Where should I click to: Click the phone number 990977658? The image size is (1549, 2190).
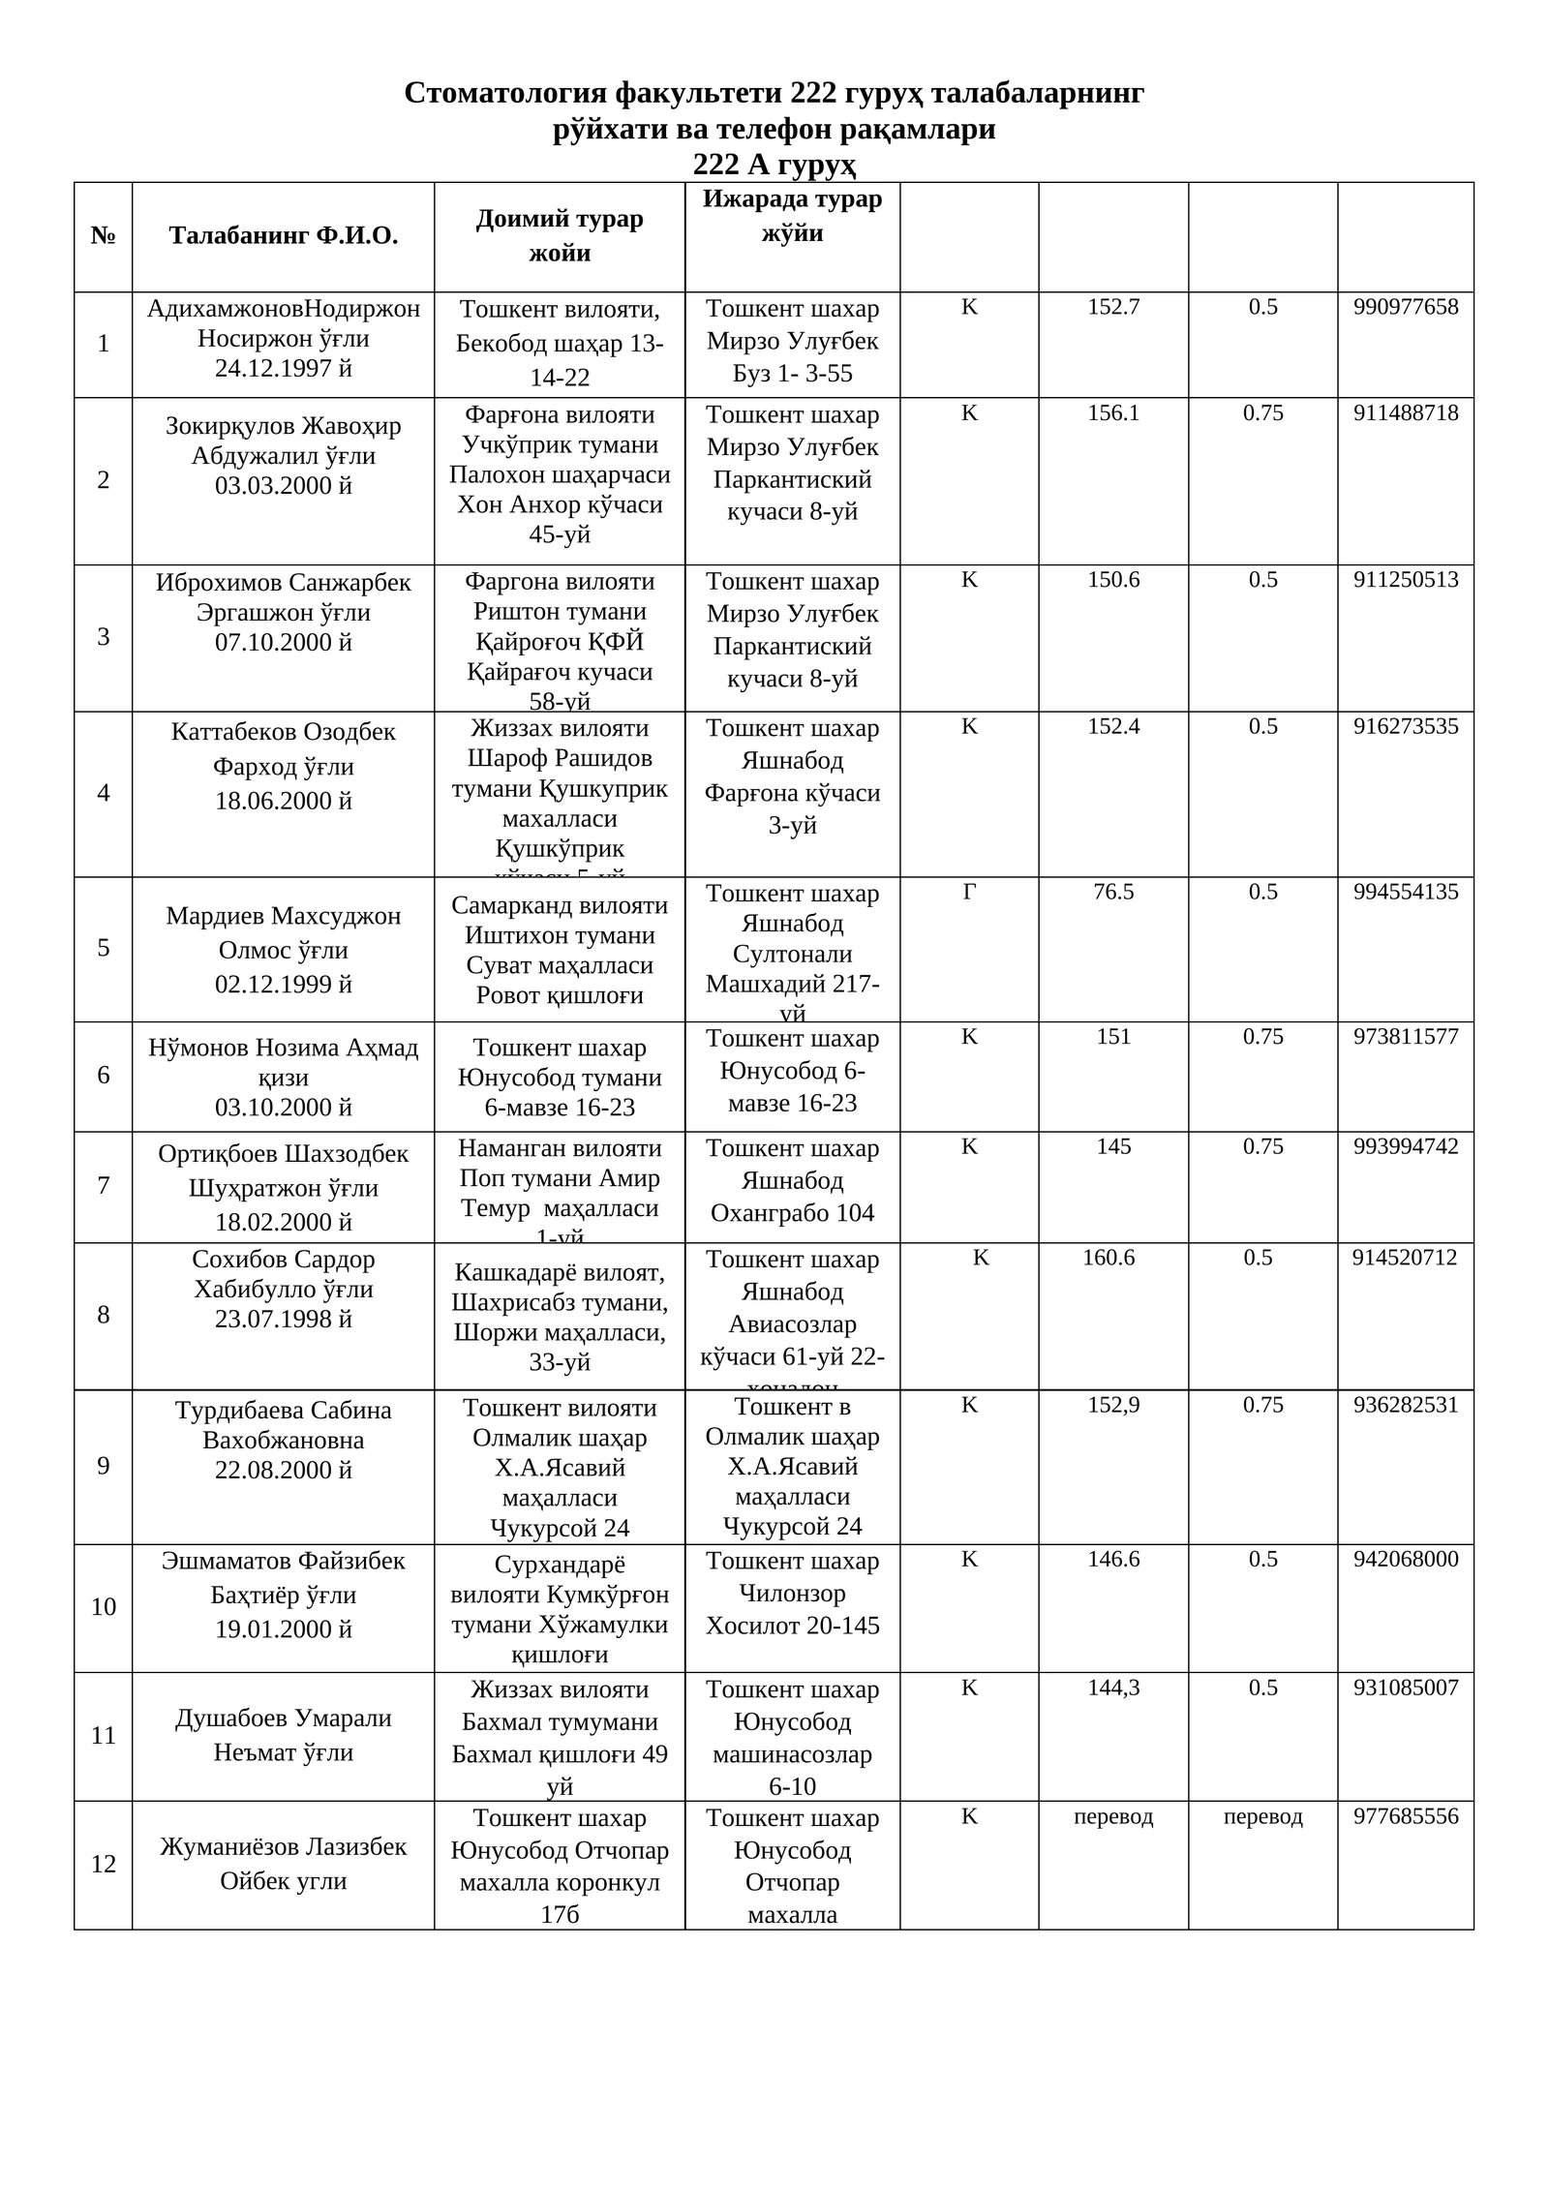(1405, 307)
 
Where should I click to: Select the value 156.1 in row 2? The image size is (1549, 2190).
(1113, 413)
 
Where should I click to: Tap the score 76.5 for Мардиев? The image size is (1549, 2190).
(1113, 892)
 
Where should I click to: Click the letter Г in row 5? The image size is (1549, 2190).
(969, 892)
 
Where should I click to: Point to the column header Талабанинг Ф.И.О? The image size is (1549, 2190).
(283, 235)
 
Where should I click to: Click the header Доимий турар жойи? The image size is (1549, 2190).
(560, 235)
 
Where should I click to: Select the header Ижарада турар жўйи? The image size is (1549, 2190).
(792, 216)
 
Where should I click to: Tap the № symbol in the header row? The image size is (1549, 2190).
(103, 235)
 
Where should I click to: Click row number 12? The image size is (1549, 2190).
(103, 1864)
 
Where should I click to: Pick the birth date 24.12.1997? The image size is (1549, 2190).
(283, 368)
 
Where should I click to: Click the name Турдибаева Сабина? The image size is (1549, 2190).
(283, 1411)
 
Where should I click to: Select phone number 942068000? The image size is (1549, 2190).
(1405, 1559)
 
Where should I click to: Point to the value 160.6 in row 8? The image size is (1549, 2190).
(1109, 1258)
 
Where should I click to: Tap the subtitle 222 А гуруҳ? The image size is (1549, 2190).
(774, 165)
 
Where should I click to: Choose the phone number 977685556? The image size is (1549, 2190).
(1405, 1816)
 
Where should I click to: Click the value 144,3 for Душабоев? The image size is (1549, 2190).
(1113, 1688)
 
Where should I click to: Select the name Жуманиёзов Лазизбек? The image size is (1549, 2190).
(283, 1846)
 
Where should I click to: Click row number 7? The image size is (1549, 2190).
(103, 1185)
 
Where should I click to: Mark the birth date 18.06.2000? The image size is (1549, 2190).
(283, 801)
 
